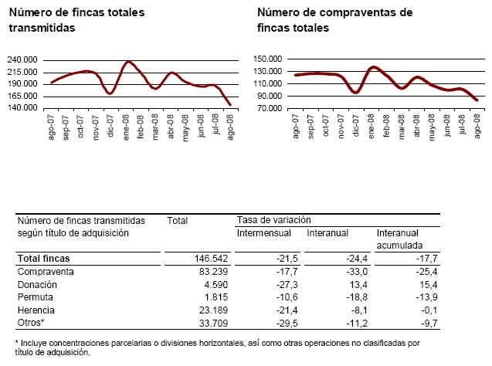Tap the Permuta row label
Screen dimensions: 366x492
tap(36, 297)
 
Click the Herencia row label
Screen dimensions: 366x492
tap(38, 309)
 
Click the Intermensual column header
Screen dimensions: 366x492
tap(263, 232)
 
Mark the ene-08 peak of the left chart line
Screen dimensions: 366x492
tap(129, 62)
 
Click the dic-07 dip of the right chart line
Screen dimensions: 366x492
tap(355, 93)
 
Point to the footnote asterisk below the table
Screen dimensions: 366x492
tap(18, 341)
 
